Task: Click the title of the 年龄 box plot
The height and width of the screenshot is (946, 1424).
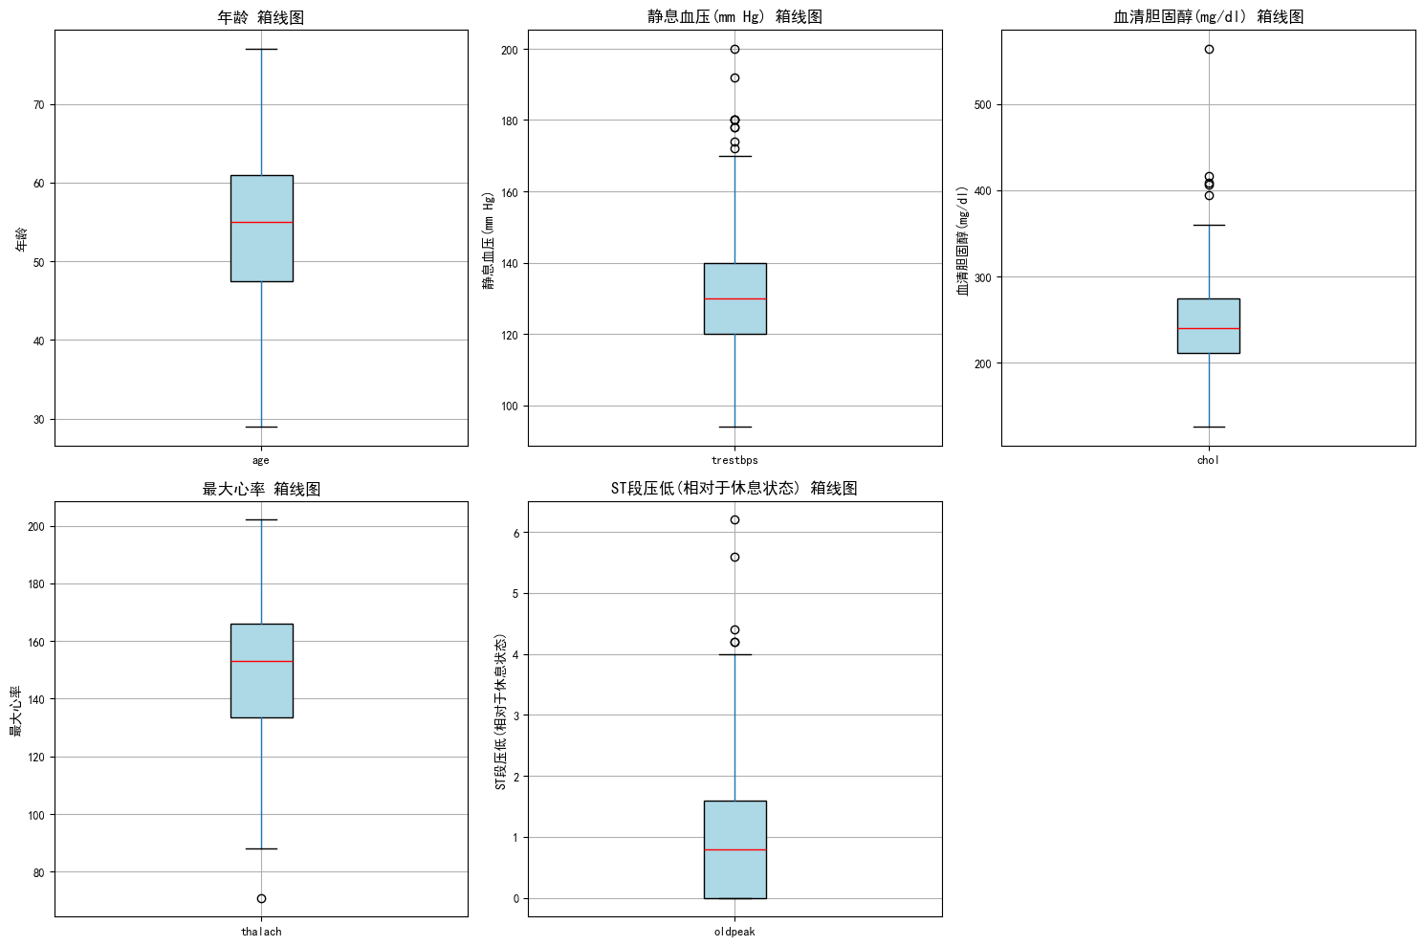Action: [261, 17]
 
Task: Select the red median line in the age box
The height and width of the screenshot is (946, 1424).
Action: [261, 222]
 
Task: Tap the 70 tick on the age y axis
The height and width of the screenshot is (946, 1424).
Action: [38, 104]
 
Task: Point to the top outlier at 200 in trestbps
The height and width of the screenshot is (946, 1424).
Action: [734, 50]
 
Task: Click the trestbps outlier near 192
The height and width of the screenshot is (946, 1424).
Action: [734, 78]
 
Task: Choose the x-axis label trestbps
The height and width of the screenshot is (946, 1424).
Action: [734, 460]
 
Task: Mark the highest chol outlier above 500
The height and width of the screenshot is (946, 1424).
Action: [1209, 50]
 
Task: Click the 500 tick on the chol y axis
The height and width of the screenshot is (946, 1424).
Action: [981, 105]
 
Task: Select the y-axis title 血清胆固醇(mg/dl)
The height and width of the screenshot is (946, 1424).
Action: [963, 240]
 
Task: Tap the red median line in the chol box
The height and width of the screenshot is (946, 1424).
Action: [1209, 328]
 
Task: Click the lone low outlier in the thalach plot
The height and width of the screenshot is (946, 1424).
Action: [261, 898]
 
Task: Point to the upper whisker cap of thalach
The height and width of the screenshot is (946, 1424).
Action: [261, 519]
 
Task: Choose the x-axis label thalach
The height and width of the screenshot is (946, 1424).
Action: [261, 932]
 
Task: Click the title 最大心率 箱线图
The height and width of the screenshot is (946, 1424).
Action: [261, 489]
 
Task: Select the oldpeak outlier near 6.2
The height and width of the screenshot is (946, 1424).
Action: [734, 519]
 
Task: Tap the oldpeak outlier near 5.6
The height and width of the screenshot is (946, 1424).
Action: [734, 557]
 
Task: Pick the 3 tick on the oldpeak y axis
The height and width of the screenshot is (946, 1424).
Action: [515, 715]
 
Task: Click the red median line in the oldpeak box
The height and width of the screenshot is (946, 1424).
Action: [734, 849]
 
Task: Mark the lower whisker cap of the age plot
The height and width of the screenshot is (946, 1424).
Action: [261, 427]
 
